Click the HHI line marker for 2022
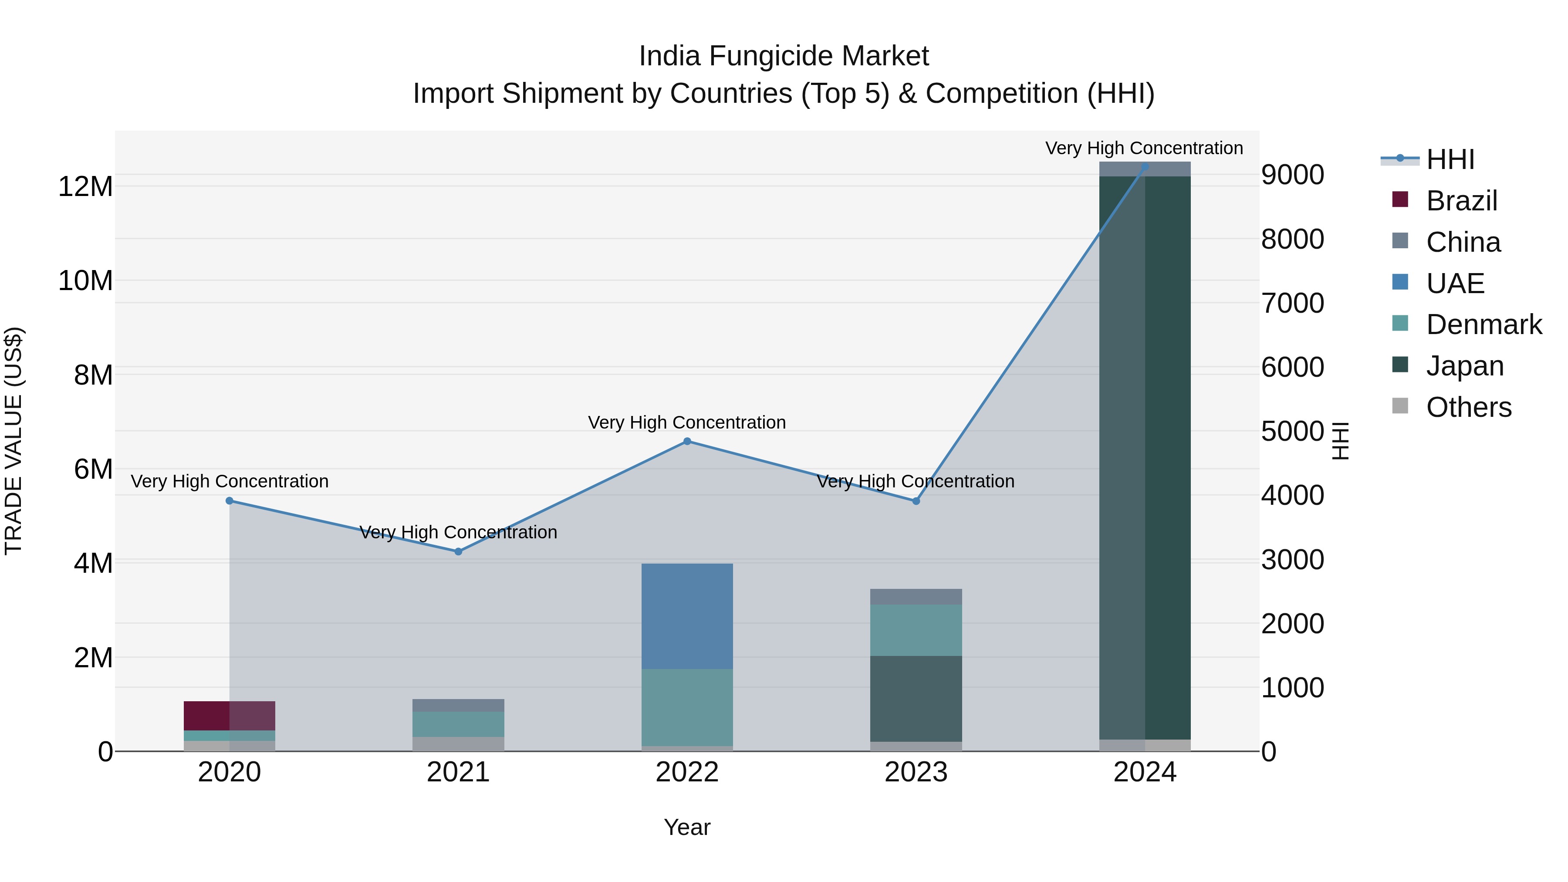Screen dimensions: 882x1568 coord(687,441)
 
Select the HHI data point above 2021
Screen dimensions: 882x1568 coord(458,551)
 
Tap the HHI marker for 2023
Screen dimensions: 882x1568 coord(916,501)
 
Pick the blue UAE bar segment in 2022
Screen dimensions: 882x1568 coord(687,616)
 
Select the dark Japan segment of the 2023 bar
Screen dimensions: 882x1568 coord(916,698)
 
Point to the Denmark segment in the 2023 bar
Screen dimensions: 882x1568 coord(916,630)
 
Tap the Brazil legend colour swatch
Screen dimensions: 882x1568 coord(1400,199)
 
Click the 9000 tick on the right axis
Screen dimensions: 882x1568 coord(1292,175)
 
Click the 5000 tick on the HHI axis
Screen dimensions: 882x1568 coord(1292,431)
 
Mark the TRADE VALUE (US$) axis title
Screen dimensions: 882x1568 coord(14,441)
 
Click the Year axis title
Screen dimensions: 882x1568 coord(687,827)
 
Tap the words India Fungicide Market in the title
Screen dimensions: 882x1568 coord(784,56)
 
